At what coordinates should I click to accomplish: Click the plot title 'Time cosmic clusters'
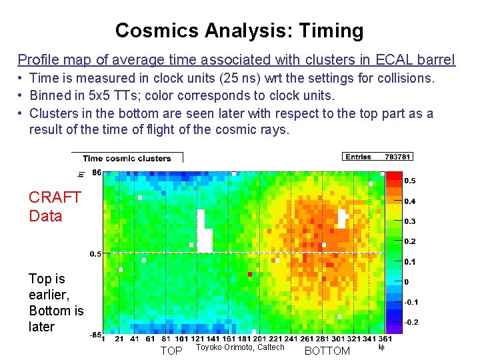click(127, 159)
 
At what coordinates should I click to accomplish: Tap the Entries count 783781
click(399, 157)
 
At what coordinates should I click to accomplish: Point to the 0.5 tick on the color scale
click(410, 181)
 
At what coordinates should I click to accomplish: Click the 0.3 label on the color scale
click(410, 221)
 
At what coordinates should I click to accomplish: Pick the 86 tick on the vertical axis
click(96, 173)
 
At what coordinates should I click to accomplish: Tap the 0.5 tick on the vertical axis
click(95, 253)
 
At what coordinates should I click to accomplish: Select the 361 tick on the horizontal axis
click(365, 339)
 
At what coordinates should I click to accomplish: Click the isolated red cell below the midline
click(250, 274)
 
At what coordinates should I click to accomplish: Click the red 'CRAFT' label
click(55, 197)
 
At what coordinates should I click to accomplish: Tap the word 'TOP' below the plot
click(171, 351)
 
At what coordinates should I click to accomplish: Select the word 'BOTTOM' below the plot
click(327, 351)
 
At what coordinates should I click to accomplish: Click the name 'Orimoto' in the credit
click(233, 347)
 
